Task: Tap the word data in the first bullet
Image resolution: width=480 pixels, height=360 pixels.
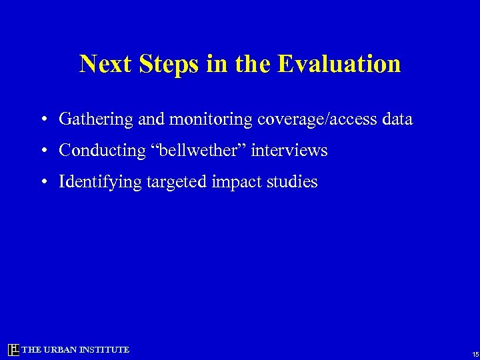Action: [x=396, y=120]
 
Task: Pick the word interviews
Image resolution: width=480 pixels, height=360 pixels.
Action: [x=289, y=151]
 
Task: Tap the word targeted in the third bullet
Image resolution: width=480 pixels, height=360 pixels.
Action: [x=175, y=182]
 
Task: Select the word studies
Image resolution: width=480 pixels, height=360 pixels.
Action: [x=293, y=182]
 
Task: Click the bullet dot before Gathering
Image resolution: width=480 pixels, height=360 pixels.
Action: [x=42, y=121]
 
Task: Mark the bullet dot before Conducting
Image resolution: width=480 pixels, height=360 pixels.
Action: [x=42, y=151]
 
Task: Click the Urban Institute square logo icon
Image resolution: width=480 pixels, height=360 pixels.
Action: [x=13, y=350]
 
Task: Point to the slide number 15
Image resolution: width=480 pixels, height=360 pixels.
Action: [x=475, y=354]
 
